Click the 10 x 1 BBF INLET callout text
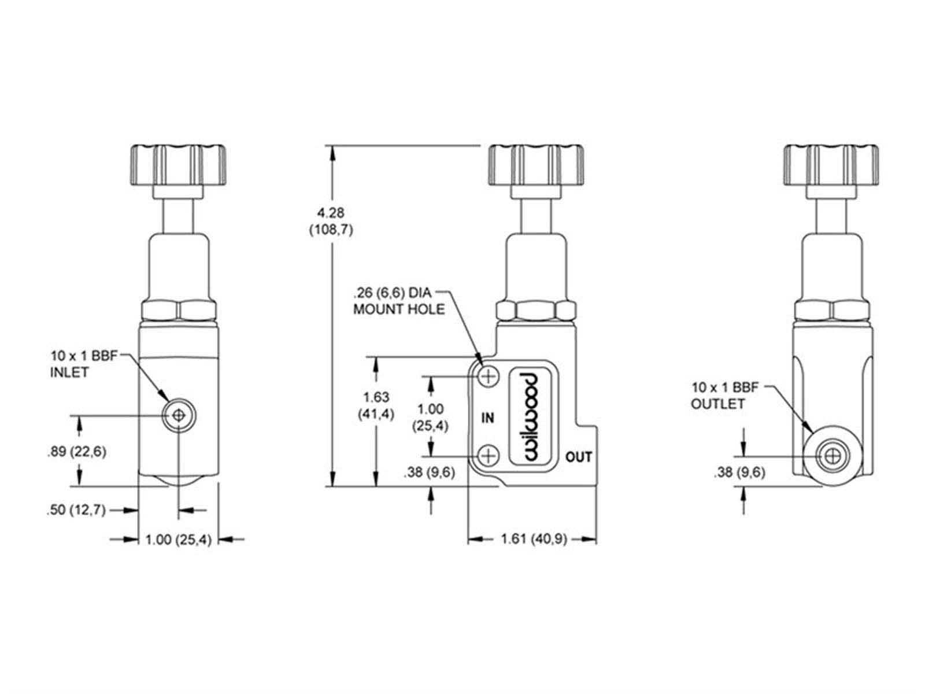(83, 364)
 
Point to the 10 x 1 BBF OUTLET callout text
(725, 395)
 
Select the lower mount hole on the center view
(488, 456)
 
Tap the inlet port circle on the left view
(179, 416)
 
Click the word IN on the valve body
(487, 418)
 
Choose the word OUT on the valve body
(579, 457)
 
